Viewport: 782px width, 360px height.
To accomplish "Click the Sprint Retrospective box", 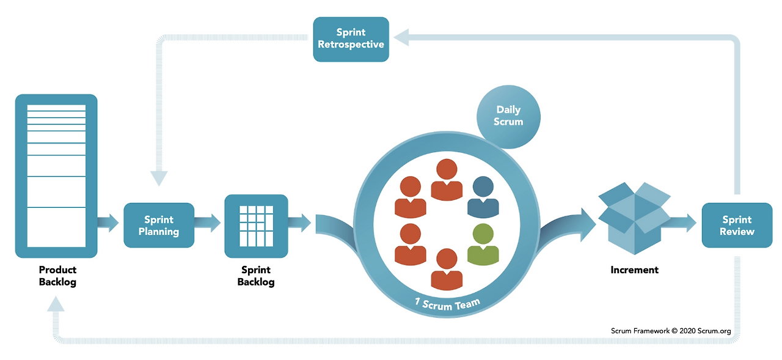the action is (351, 40).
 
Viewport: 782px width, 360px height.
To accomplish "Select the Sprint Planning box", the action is (159, 225).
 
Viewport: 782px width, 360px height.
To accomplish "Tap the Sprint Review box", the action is (737, 225).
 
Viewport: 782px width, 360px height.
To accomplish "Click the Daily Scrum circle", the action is (508, 117).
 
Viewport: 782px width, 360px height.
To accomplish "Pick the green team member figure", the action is (483, 244).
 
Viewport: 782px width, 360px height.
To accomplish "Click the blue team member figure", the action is (483, 197).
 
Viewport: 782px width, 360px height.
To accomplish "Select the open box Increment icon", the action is (634, 218).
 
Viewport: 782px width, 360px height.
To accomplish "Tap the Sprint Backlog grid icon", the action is (256, 226).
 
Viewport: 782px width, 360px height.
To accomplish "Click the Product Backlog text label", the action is (57, 276).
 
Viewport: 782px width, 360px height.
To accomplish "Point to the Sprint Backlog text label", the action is (256, 276).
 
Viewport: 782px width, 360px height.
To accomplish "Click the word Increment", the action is (634, 270).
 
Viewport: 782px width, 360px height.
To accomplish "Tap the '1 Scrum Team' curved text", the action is (447, 304).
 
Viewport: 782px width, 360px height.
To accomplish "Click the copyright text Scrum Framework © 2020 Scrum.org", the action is (671, 331).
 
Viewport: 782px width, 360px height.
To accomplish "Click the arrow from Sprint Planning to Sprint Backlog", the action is (207, 222).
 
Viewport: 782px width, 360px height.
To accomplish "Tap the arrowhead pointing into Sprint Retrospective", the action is (401, 37).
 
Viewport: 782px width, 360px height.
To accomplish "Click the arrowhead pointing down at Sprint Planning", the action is (159, 178).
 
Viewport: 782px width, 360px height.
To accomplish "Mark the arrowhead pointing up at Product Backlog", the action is (56, 303).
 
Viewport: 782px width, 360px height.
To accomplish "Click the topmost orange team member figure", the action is (447, 180).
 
